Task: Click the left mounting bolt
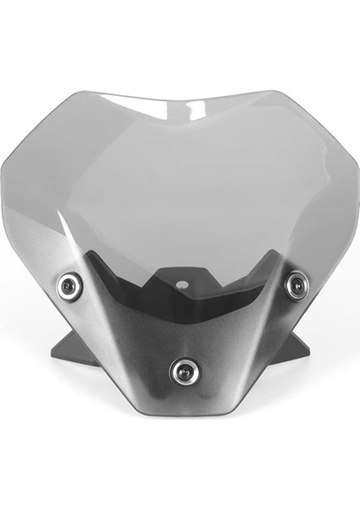pyautogui.click(x=70, y=286)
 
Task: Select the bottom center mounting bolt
pyautogui.click(x=183, y=371)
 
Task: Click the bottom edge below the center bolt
pyautogui.click(x=183, y=413)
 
